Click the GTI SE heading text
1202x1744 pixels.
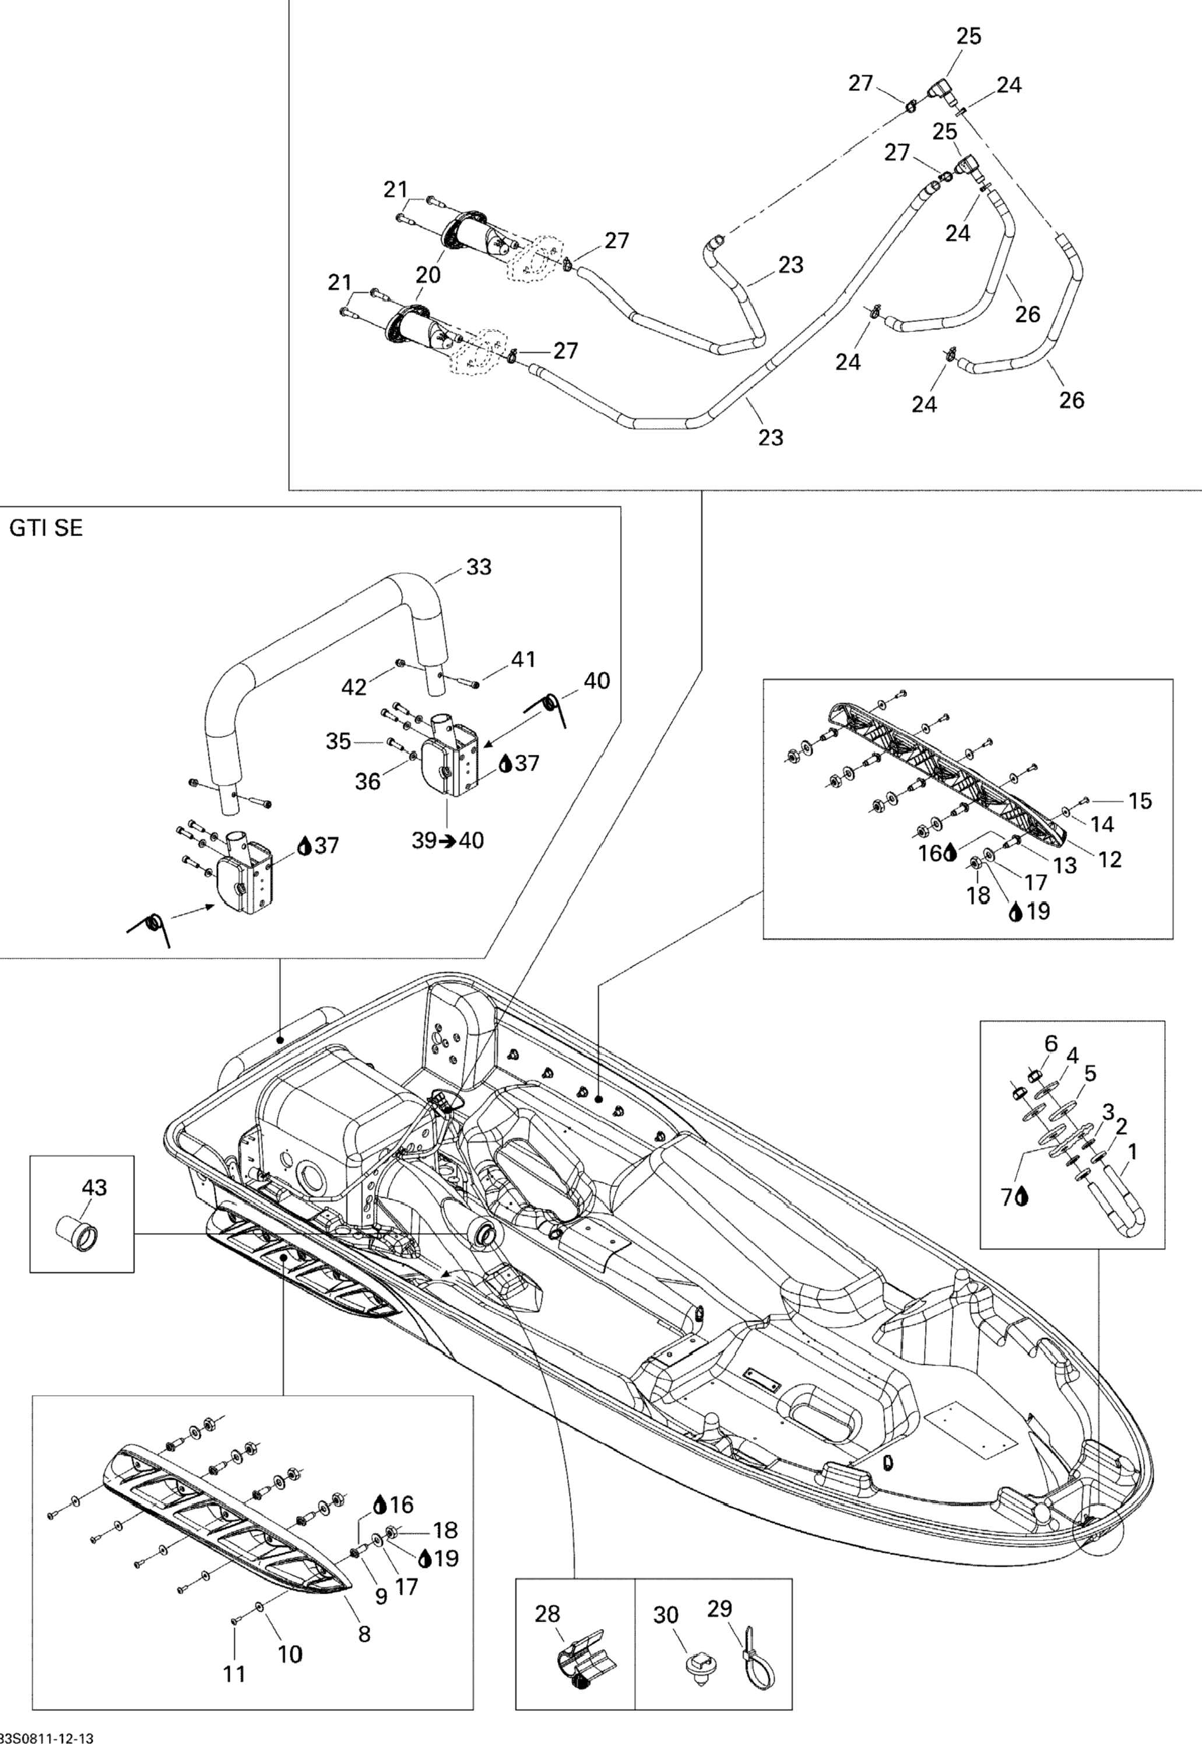46,528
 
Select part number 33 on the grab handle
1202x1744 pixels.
479,566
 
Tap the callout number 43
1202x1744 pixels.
94,1188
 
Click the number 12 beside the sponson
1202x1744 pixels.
1110,859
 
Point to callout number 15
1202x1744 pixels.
1140,801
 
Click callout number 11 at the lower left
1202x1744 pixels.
234,1674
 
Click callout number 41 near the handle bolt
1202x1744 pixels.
523,659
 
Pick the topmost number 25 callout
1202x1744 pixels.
969,36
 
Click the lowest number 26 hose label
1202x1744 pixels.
1071,400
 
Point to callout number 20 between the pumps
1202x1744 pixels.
428,275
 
